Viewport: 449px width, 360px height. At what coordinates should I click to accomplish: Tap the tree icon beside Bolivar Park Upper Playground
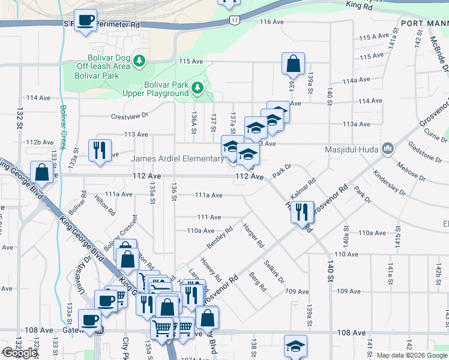(x=197, y=89)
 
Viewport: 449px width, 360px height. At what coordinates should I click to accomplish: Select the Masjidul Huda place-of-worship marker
(x=388, y=148)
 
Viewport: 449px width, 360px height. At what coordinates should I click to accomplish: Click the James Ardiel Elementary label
(x=178, y=158)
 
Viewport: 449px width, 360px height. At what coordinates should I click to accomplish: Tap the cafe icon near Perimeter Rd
(x=85, y=20)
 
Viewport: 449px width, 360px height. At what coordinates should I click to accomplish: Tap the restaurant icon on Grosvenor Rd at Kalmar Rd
(x=302, y=211)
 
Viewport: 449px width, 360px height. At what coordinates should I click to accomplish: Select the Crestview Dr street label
(x=129, y=116)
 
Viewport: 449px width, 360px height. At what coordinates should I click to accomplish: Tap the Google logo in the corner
(x=20, y=353)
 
